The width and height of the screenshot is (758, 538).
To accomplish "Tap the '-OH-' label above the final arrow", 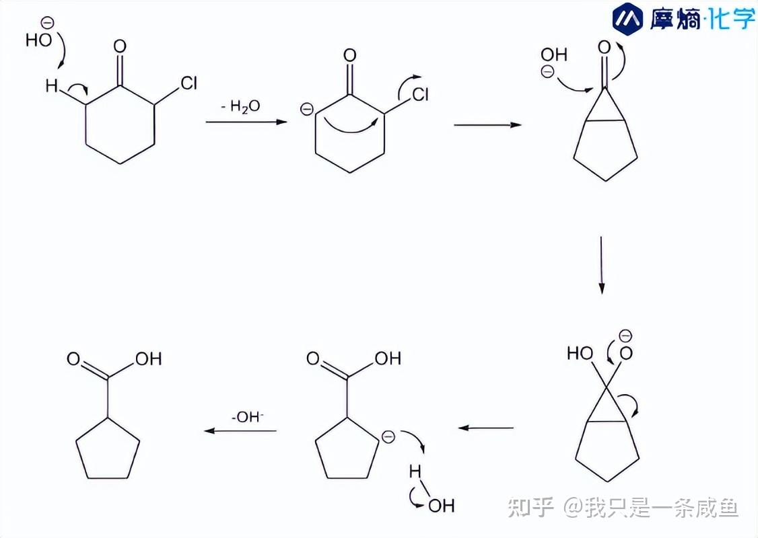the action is (248, 417).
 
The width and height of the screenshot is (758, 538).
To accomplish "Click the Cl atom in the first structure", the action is (188, 84).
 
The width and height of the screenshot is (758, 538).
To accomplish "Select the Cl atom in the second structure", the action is (420, 95).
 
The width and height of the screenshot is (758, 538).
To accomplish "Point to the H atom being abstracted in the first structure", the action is (52, 85).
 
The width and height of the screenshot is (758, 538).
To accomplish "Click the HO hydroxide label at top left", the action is (39, 40).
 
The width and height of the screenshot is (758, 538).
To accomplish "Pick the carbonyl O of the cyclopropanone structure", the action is (605, 48).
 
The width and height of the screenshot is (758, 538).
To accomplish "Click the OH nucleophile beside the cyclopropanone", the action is (554, 54).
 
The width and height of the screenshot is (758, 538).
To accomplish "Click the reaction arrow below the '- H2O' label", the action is (246, 122).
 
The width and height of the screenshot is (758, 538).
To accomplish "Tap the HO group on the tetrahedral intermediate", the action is (579, 352).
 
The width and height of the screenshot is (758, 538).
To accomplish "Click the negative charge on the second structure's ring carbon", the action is (306, 109).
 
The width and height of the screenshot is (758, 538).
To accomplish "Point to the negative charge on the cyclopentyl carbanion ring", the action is (388, 437).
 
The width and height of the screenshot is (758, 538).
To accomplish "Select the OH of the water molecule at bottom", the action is (442, 505).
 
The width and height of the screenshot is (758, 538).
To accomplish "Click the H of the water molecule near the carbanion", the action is (415, 472).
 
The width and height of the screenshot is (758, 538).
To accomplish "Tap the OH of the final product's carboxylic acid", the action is (149, 359).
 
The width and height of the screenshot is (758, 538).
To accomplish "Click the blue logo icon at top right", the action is (627, 18).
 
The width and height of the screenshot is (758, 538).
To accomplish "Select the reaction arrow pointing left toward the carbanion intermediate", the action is (486, 428).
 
